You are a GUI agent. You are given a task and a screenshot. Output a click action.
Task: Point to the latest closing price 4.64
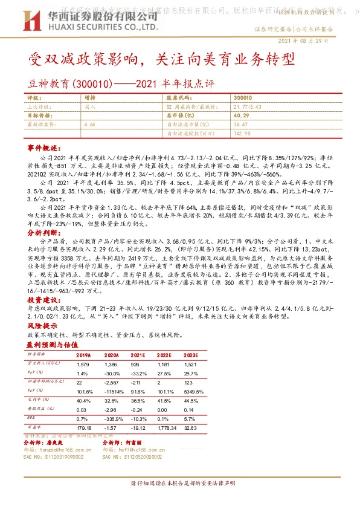click(x=90, y=123)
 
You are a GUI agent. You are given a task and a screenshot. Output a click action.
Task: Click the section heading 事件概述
click(x=45, y=148)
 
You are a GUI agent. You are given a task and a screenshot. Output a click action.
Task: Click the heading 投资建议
click(x=45, y=299)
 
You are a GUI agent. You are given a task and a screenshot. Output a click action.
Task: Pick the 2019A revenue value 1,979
click(x=83, y=365)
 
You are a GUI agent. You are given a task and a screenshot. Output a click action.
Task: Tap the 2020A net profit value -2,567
click(x=111, y=383)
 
